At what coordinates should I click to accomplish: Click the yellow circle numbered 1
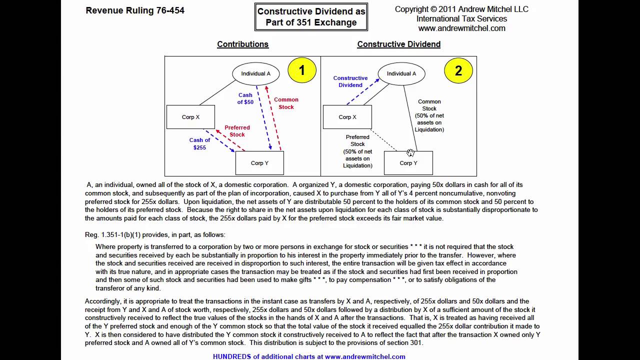(x=302, y=70)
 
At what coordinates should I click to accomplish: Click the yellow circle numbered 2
(x=458, y=70)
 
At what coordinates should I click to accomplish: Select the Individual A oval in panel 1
(x=255, y=73)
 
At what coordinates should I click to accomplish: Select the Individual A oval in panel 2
(x=401, y=73)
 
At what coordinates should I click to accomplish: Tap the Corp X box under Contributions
(x=190, y=117)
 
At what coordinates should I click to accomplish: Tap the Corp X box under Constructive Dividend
(x=347, y=117)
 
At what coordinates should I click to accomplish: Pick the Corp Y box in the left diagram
(x=259, y=163)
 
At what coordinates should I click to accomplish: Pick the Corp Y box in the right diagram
(x=408, y=163)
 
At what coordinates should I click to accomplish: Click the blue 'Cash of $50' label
(x=245, y=98)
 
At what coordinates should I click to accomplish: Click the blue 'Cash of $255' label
(x=199, y=143)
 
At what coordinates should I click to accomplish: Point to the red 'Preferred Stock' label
(x=237, y=131)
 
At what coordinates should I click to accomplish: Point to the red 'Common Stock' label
(x=286, y=103)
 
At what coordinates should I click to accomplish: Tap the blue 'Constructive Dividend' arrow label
(x=350, y=81)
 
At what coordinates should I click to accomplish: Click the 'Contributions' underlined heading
(x=242, y=44)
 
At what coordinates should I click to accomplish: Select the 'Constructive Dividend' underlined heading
(x=398, y=44)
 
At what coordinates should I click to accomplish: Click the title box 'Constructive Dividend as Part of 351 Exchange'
(x=311, y=16)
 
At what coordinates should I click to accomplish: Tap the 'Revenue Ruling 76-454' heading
(x=135, y=10)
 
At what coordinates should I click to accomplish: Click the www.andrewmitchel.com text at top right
(x=461, y=28)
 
